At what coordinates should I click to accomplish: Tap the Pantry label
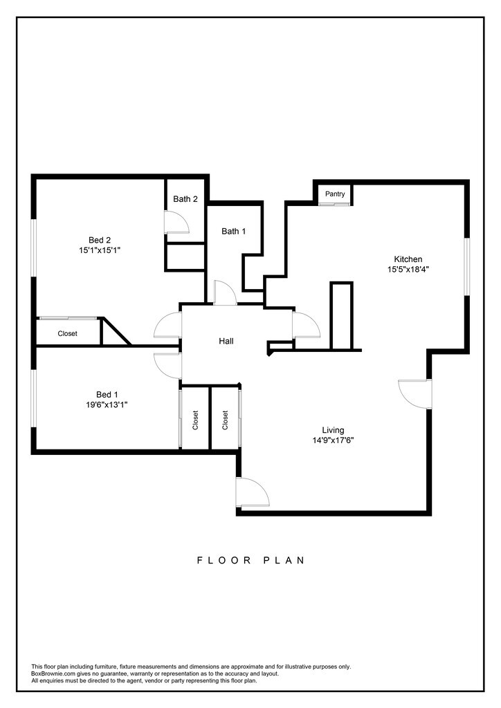335,194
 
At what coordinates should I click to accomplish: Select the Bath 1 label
233,231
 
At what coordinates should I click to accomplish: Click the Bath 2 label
185,199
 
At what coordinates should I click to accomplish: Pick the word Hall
226,341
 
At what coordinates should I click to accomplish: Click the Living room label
333,429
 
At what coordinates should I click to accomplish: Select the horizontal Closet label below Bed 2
67,333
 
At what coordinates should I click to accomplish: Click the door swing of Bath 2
175,222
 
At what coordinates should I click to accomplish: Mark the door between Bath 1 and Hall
225,294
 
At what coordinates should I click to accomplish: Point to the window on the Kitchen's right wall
467,266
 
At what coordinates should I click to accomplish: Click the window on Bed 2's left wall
33,248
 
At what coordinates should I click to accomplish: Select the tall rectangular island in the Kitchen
342,315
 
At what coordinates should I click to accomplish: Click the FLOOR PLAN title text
250,560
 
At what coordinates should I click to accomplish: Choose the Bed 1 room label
101,395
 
